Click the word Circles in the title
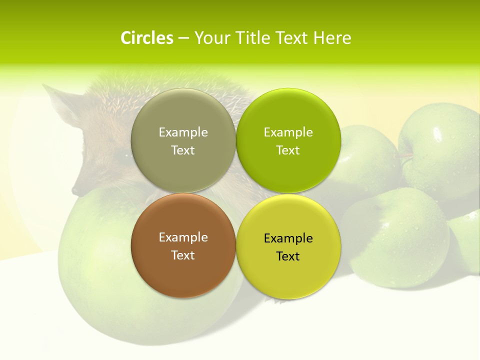point(146,38)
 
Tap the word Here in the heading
point(332,38)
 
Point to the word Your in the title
point(211,38)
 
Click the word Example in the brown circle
point(183,237)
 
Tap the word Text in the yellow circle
point(288,256)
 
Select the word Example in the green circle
point(288,132)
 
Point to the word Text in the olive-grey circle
point(183,150)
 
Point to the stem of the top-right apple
point(404,156)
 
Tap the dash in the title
point(183,38)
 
